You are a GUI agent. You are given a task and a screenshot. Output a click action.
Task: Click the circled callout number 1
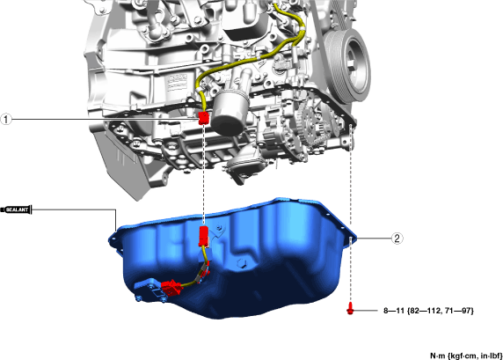point(6,120)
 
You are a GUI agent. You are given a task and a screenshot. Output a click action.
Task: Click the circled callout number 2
point(397,239)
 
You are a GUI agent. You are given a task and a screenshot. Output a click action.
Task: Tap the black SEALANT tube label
point(16,209)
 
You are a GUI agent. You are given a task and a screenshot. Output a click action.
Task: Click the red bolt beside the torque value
point(350,308)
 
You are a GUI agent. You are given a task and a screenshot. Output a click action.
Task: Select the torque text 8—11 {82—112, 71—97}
point(428,311)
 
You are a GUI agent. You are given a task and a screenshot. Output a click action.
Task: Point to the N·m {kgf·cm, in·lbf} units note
point(466,356)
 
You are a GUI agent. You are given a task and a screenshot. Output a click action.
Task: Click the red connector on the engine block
point(204,118)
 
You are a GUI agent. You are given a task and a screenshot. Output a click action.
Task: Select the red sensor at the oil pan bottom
point(171,288)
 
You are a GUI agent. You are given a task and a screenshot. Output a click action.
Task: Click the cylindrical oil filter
point(229,113)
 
